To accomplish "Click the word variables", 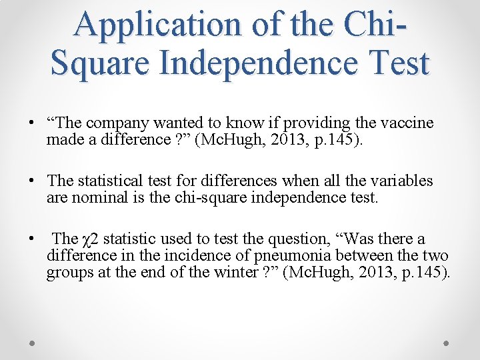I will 401,181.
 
